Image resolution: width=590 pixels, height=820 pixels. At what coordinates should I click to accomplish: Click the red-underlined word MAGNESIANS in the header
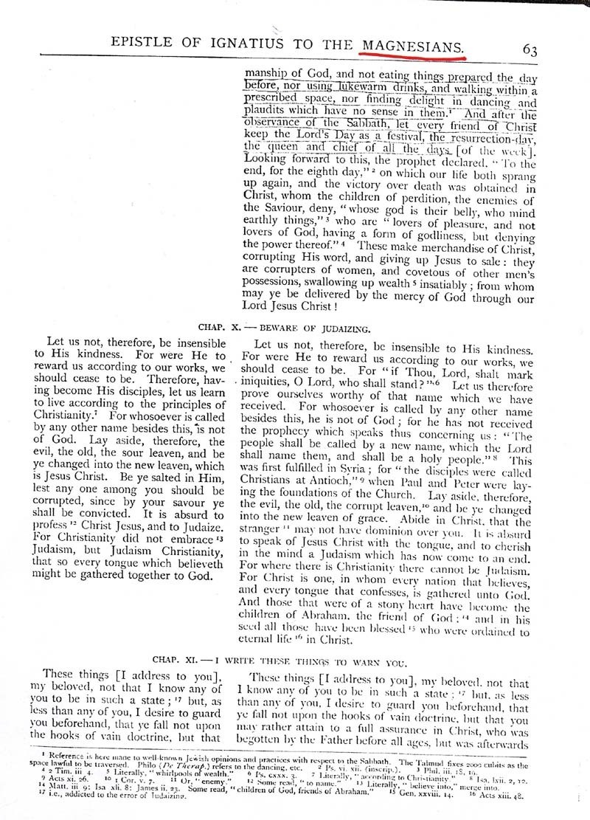click(x=412, y=46)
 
